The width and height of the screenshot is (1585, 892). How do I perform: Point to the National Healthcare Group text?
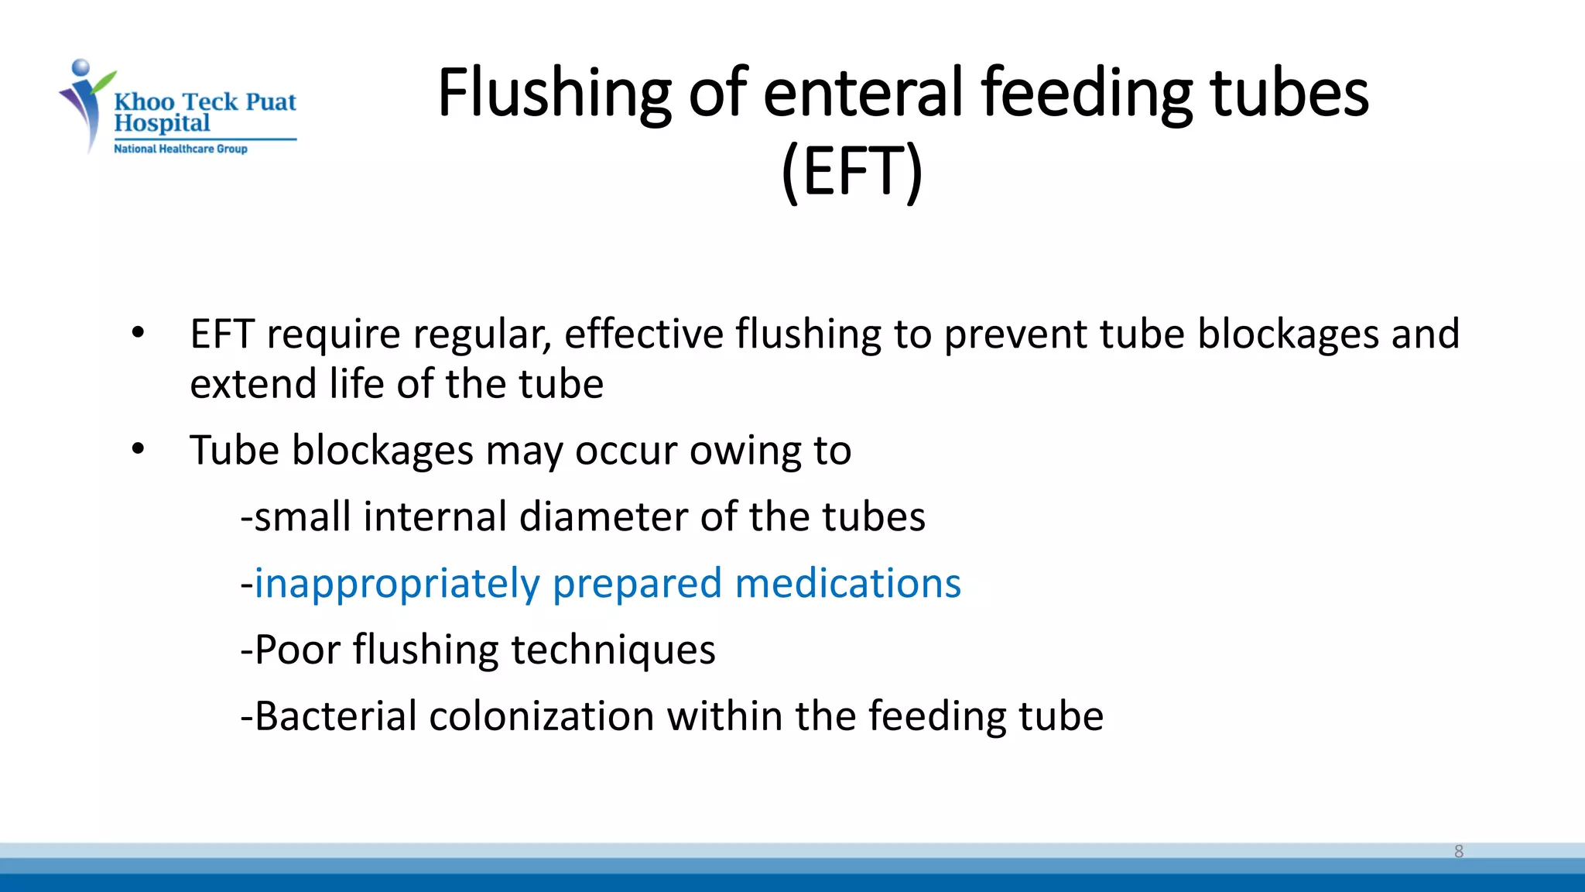tap(180, 149)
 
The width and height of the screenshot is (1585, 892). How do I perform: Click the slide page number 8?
tap(1458, 851)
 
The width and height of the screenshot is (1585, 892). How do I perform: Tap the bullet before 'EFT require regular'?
tap(138, 334)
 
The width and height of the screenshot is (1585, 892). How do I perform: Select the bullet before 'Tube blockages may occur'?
tap(138, 449)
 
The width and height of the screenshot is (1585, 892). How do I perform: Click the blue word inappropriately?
tap(397, 584)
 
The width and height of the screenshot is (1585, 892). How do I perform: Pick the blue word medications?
tap(847, 583)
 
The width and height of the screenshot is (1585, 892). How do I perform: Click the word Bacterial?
tap(335, 715)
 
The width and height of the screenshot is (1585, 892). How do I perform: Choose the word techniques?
tap(613, 650)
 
